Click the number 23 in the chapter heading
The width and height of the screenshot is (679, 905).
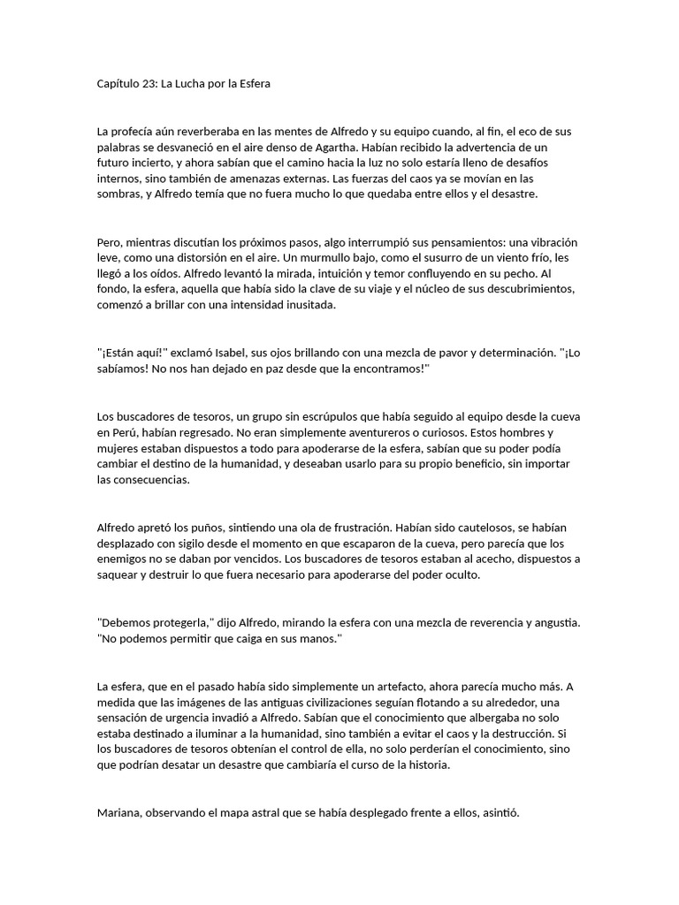point(148,84)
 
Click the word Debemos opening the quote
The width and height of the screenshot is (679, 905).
point(126,623)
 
